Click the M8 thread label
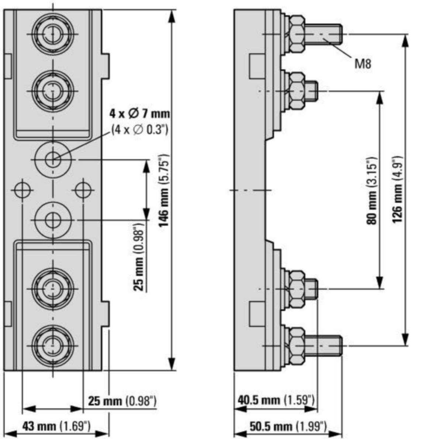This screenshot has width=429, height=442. click(x=363, y=64)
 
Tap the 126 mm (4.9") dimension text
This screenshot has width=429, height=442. click(x=397, y=190)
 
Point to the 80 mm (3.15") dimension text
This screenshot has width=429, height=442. click(x=372, y=190)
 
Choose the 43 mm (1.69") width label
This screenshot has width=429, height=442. click(x=56, y=426)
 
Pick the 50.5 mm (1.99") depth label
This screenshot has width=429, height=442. click(x=288, y=426)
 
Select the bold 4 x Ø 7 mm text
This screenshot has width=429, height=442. click(x=140, y=113)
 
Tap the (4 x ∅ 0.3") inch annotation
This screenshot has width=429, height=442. click(x=140, y=130)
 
